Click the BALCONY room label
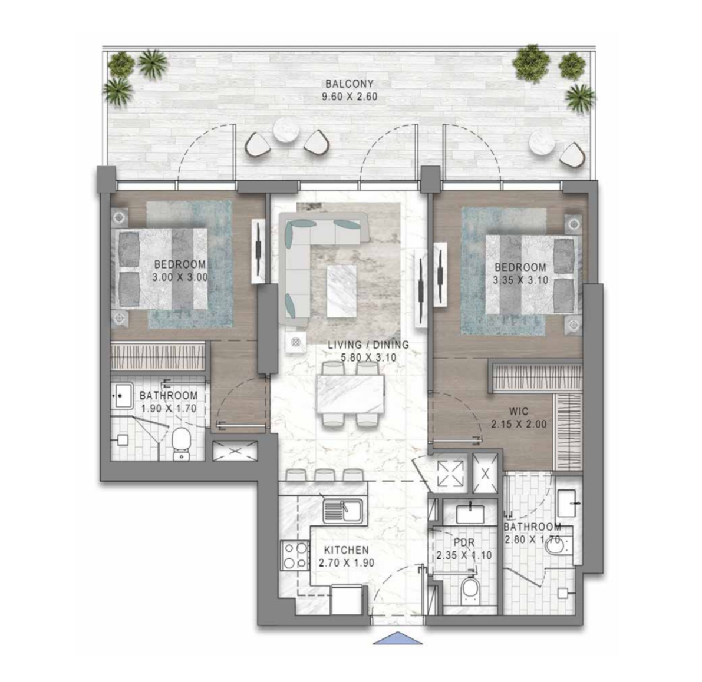349,84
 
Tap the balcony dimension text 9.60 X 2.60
349,96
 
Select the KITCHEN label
347,550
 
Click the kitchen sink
344,510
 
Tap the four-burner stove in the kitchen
295,555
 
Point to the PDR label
464,543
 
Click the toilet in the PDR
470,588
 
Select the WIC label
519,411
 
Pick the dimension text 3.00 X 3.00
179,277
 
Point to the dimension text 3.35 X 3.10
520,280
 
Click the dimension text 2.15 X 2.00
519,423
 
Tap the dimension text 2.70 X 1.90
347,562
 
